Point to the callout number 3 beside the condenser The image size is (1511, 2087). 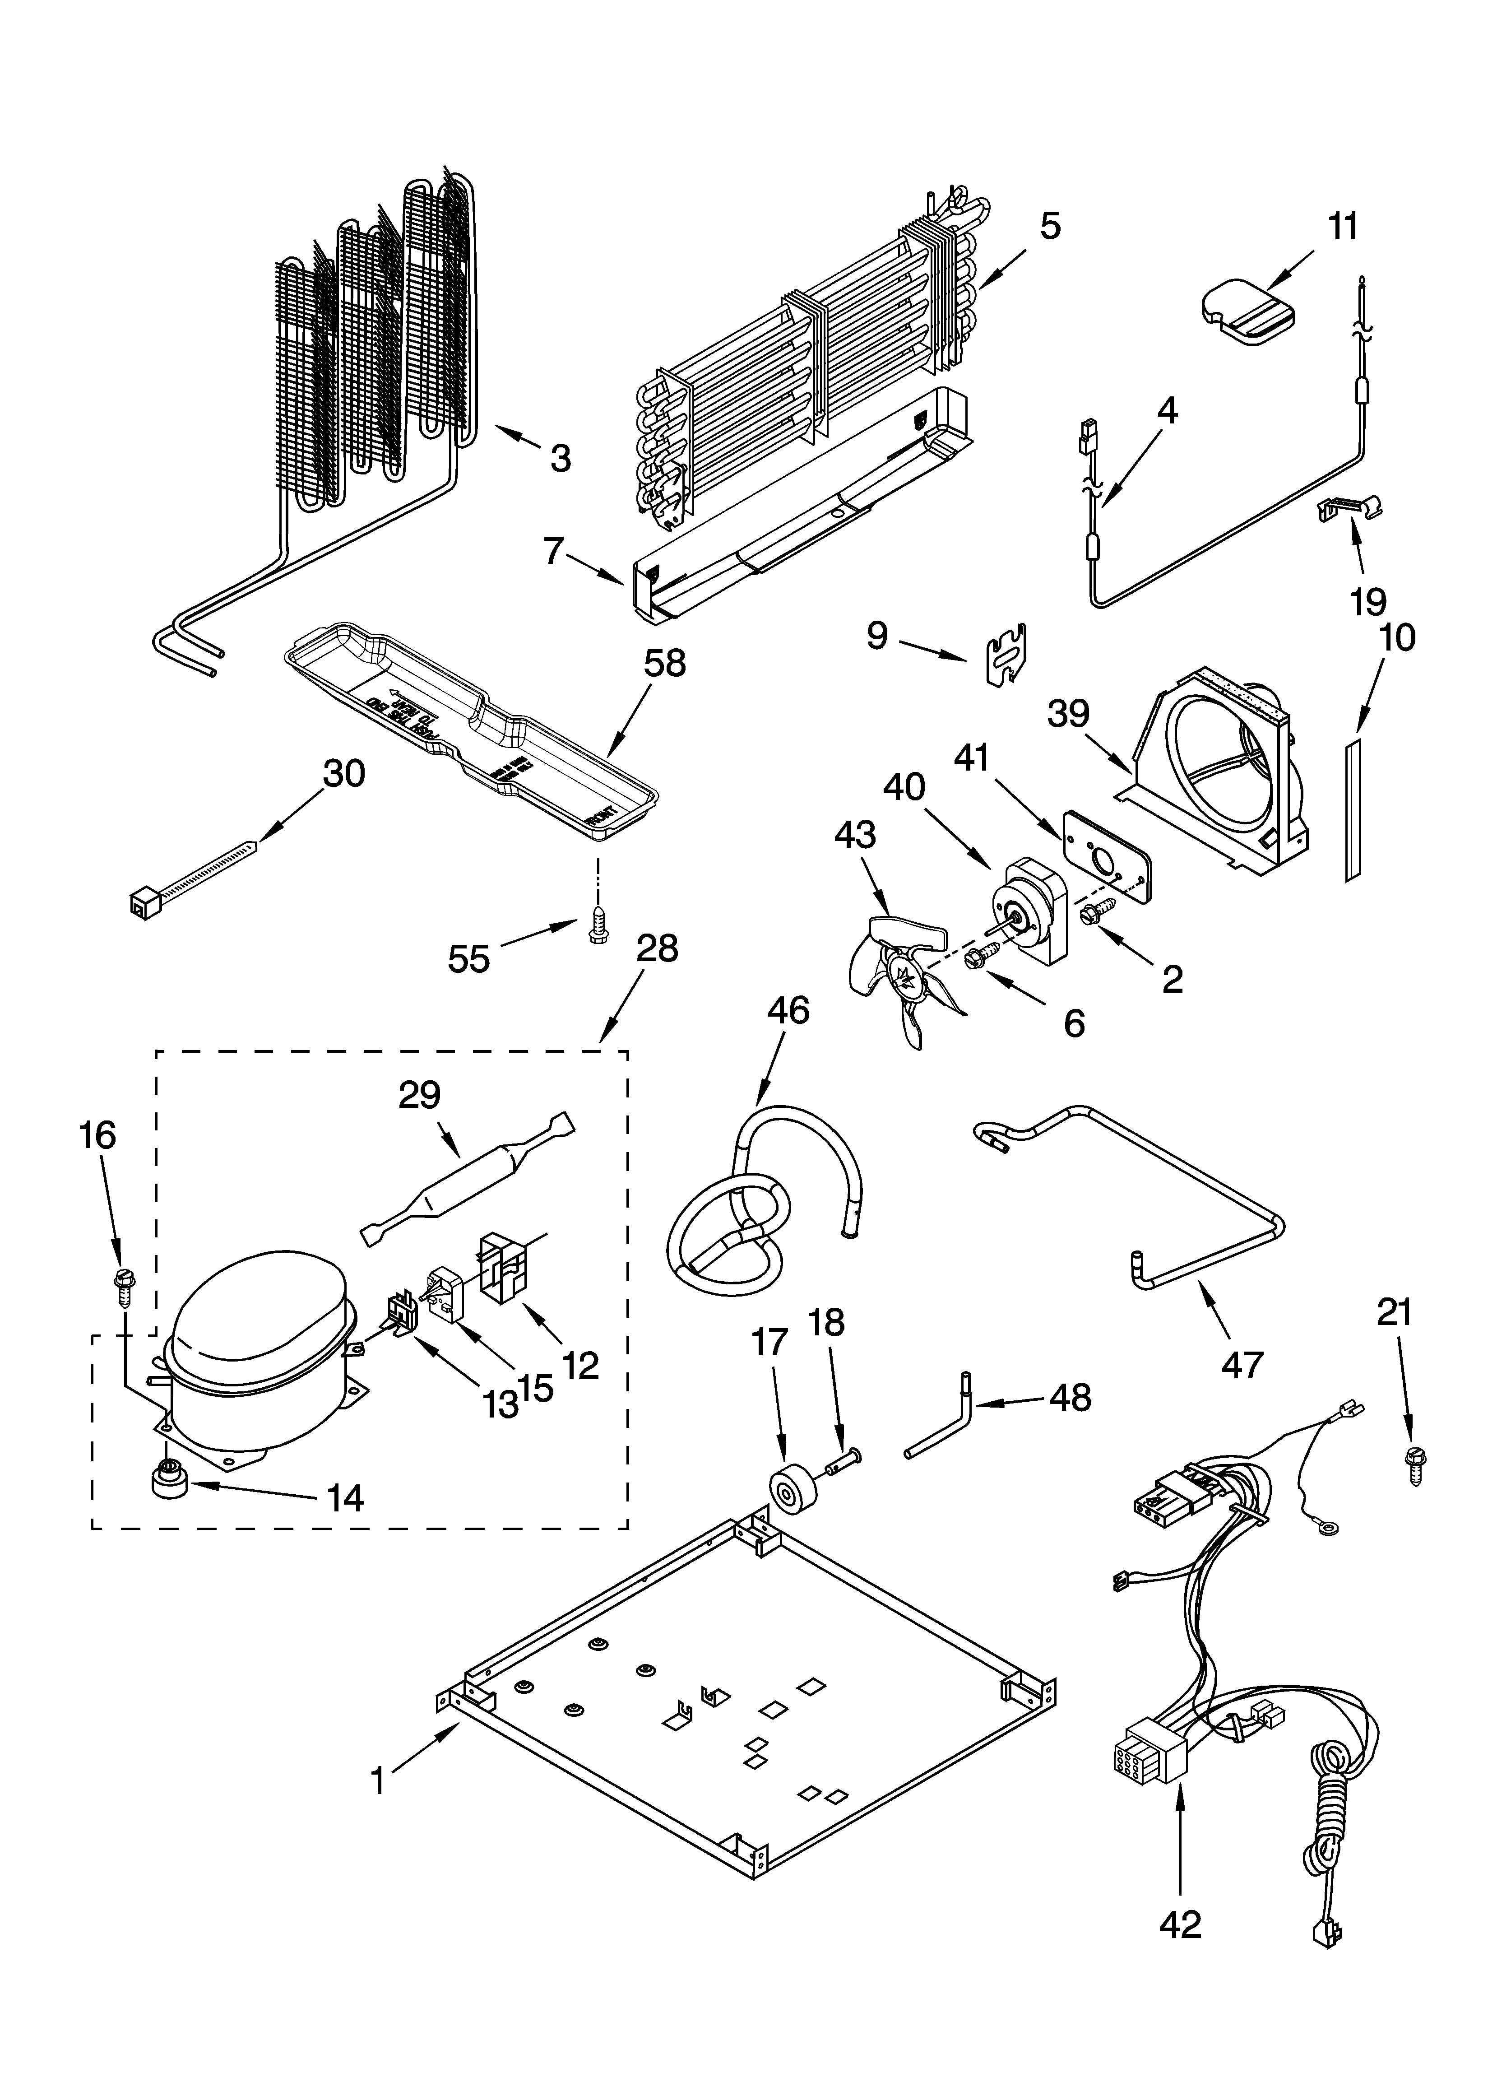[560, 457]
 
